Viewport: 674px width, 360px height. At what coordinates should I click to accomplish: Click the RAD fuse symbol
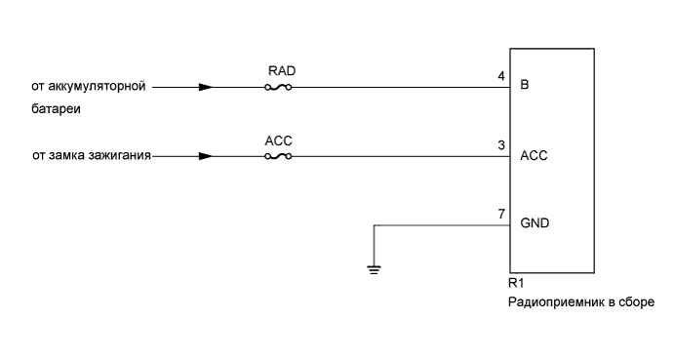(x=279, y=87)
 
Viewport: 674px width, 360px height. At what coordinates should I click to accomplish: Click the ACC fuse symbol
(x=279, y=156)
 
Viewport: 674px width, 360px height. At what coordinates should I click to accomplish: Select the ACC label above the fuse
(x=279, y=140)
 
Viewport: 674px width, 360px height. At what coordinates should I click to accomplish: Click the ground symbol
(x=375, y=268)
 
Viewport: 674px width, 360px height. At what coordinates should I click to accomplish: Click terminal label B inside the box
(x=525, y=86)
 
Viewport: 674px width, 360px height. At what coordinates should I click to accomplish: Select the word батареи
(x=55, y=109)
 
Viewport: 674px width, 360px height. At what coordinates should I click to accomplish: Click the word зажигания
(x=120, y=156)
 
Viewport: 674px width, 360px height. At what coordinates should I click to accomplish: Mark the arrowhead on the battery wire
(x=205, y=87)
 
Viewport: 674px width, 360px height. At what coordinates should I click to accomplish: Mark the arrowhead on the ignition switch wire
(x=205, y=156)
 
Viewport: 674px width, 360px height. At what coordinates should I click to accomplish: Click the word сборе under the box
(x=636, y=302)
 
